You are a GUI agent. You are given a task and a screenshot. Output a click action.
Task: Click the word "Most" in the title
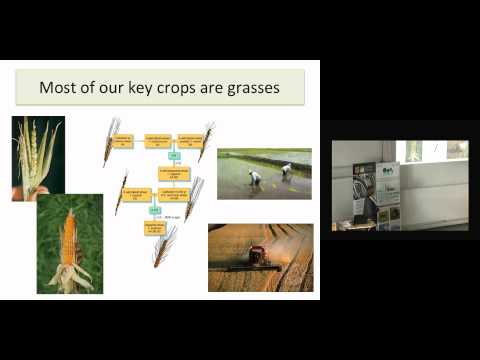click(57, 87)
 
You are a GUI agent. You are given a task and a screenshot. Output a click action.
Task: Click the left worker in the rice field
click(255, 178)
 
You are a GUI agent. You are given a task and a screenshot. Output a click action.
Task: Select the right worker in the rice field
click(287, 171)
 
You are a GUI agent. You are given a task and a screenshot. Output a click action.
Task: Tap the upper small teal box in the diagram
click(172, 158)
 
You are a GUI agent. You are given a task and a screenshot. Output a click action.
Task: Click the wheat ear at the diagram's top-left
click(110, 140)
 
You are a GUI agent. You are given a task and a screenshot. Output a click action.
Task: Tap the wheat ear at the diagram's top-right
click(206, 141)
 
